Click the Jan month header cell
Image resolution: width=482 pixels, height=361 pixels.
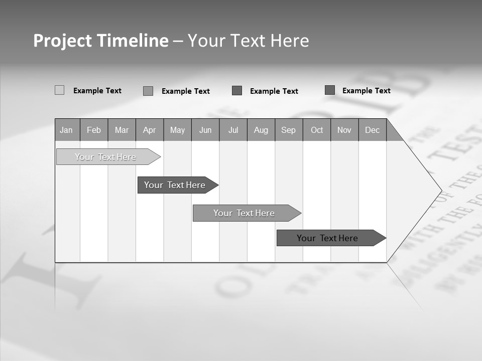(67, 130)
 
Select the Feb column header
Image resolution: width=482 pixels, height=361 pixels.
(94, 130)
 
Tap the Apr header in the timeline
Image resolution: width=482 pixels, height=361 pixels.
(150, 130)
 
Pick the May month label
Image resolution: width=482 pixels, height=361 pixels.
(177, 130)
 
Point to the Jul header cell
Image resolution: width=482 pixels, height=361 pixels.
(233, 130)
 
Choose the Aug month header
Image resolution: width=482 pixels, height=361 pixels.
(261, 130)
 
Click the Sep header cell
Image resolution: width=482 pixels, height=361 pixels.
(289, 130)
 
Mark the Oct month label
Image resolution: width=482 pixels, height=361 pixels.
(317, 130)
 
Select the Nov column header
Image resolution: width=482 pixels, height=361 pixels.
(344, 130)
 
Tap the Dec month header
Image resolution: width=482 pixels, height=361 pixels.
(373, 130)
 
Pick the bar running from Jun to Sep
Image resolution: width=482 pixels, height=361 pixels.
(245, 213)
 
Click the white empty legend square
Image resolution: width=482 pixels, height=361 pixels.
(59, 90)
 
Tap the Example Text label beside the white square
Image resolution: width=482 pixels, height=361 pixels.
(97, 91)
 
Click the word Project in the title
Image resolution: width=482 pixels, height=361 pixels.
(62, 41)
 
